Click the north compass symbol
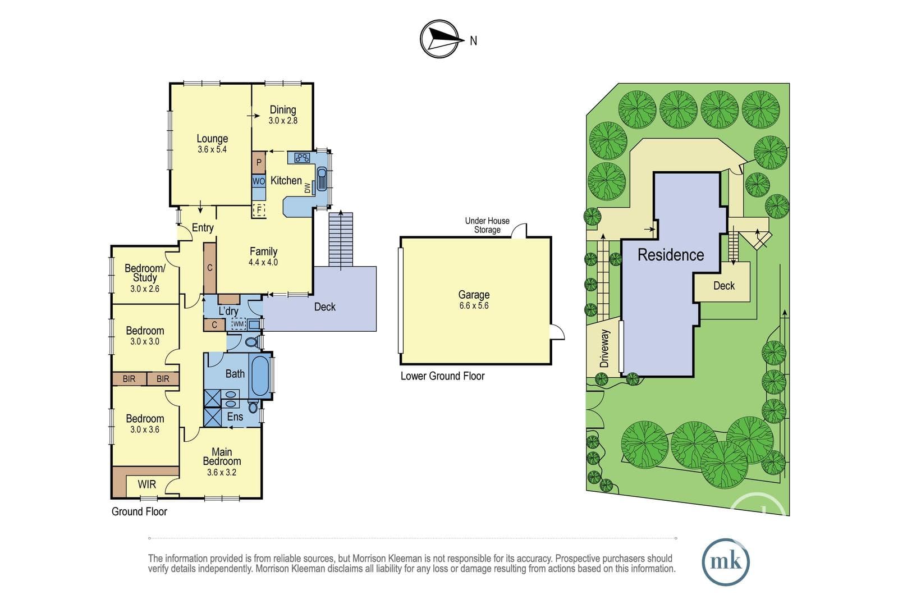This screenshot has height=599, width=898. coord(440,39)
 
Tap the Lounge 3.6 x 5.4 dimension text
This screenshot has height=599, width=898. coord(212,149)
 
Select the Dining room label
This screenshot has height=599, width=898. coord(283,109)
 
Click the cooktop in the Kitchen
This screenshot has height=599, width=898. coord(303,158)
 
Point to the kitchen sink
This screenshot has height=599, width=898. coord(322,179)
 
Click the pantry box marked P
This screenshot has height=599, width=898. coord(259,162)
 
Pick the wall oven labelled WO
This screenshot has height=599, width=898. coord(259,181)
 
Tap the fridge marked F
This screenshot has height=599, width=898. coord(259,209)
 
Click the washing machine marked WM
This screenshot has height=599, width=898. coord(238,323)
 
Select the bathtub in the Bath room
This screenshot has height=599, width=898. coord(260,376)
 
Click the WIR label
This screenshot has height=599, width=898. coord(146,484)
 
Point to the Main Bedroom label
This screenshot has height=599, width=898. coord(222,456)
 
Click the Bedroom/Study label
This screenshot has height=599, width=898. coord(145,273)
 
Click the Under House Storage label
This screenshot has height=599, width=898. coord(487,225)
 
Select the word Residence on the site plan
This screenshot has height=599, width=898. coord(671,255)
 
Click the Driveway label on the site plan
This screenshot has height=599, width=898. coord(604,349)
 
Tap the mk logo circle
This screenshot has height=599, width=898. coord(726,562)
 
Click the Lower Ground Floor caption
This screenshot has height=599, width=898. coord(443,376)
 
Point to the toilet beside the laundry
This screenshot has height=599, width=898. coord(252,342)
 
